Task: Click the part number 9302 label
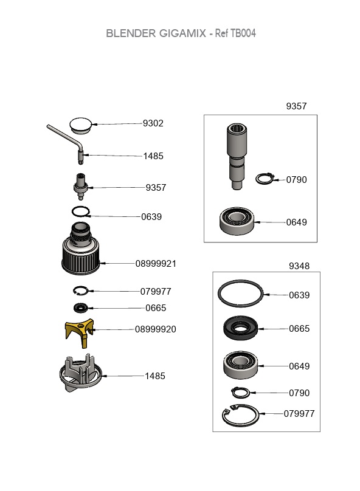coord(153,123)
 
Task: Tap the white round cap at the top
coord(80,125)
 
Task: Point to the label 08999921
coord(156,264)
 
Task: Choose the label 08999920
coord(156,329)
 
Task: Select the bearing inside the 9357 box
coord(237,221)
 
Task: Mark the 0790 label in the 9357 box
coord(297,180)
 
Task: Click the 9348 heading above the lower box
coord(299,266)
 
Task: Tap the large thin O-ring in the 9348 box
coord(240,295)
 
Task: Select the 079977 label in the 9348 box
coord(299,414)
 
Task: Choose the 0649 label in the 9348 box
coord(299,366)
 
